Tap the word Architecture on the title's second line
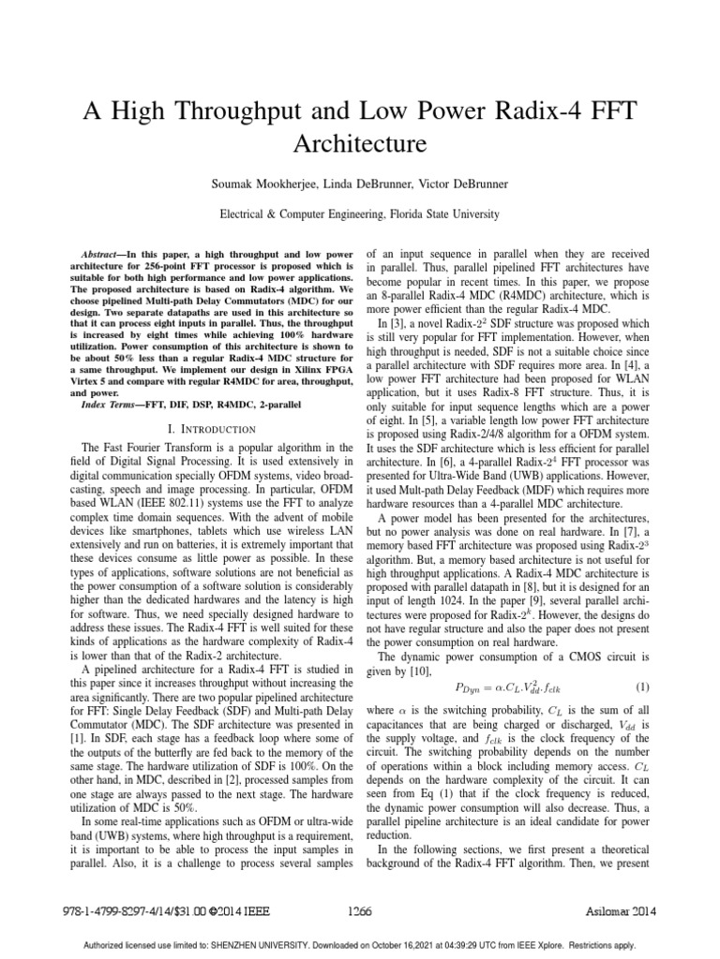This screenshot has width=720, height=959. (360, 144)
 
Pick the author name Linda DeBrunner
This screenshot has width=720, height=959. (366, 184)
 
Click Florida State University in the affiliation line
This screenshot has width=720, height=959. (441, 214)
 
